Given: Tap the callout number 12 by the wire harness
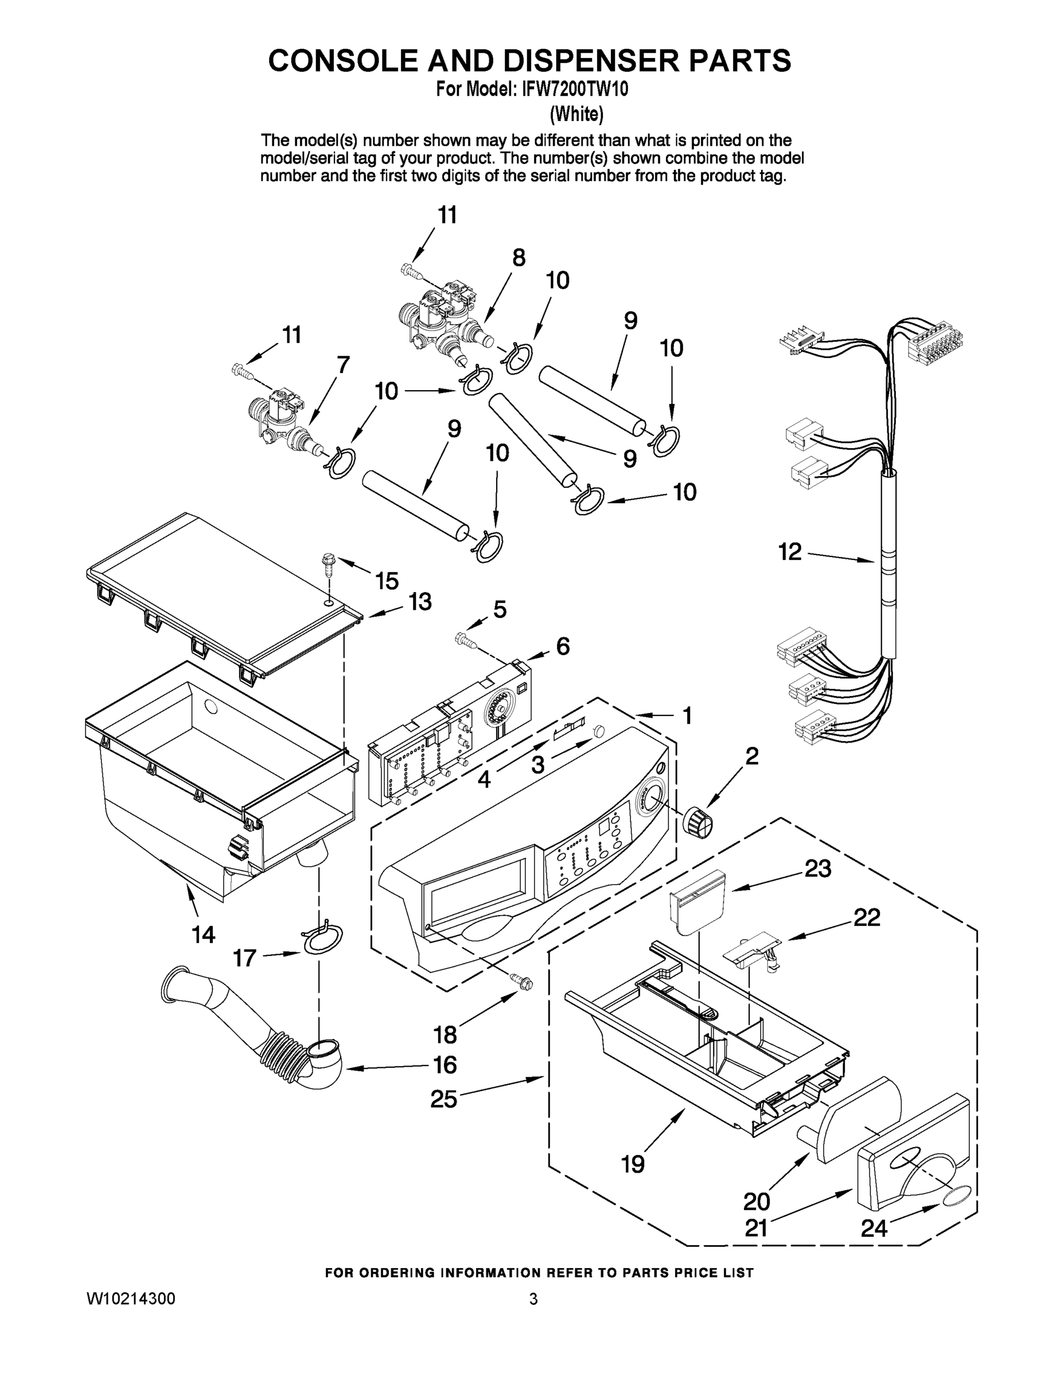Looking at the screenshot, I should click(789, 552).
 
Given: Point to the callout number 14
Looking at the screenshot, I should click(204, 935).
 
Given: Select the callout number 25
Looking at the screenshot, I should click(444, 1099).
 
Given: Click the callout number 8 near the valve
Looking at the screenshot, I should click(518, 257).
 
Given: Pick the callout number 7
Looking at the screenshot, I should click(343, 364).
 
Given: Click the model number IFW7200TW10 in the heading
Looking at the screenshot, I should click(574, 90).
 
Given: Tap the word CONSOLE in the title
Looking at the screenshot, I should click(343, 60).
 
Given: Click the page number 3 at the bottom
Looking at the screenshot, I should click(533, 1299).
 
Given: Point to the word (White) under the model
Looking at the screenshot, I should click(577, 114).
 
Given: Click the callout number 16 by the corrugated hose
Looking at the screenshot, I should click(445, 1065).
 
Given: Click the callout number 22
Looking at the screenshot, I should click(866, 918).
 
